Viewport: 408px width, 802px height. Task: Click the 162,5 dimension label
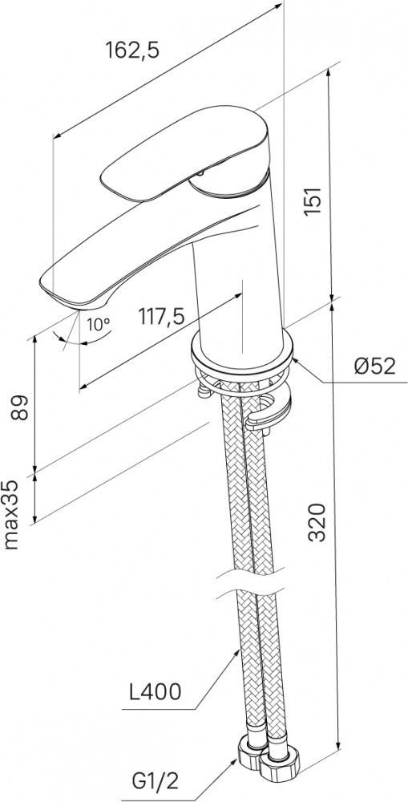click(x=132, y=50)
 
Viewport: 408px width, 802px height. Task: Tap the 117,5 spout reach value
click(x=160, y=317)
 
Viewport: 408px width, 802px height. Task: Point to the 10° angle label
click(x=98, y=324)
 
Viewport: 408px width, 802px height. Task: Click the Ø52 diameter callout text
click(x=376, y=366)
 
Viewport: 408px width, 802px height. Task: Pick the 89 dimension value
click(x=20, y=407)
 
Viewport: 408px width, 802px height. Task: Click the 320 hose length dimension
click(x=318, y=522)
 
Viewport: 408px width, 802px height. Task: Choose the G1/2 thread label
click(x=148, y=782)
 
